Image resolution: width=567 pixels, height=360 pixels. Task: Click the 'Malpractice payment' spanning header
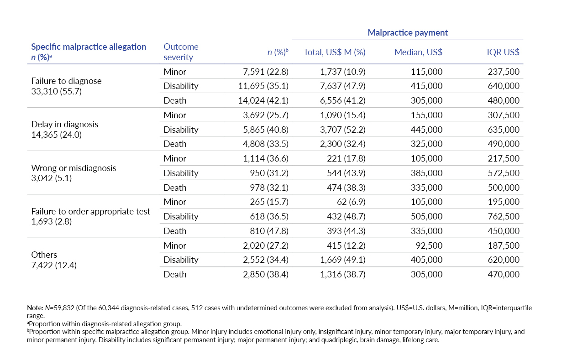click(408, 32)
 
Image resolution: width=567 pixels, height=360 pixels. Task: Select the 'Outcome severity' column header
click(181, 52)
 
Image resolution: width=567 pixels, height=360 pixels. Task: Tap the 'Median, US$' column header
click(418, 52)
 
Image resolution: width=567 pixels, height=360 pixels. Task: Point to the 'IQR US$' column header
click(503, 52)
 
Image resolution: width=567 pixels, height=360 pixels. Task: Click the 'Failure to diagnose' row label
click(66, 81)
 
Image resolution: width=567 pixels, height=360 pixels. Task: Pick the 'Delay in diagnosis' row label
click(64, 124)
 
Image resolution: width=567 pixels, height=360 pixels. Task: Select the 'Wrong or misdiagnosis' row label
click(73, 168)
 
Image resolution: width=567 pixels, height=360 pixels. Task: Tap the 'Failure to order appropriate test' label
click(90, 211)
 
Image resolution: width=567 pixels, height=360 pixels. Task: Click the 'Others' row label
click(44, 255)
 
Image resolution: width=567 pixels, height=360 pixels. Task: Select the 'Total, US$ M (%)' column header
click(335, 52)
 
